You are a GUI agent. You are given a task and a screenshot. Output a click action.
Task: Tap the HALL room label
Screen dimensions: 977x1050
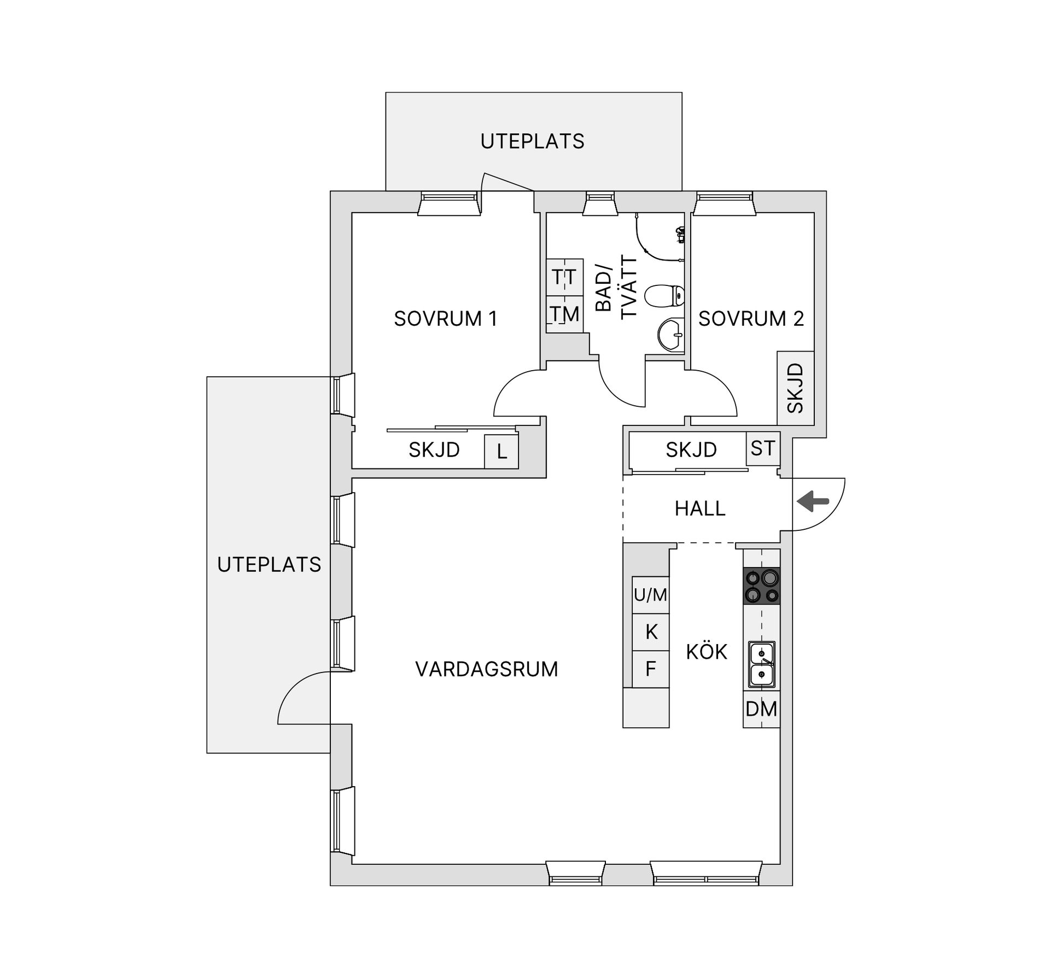click(699, 508)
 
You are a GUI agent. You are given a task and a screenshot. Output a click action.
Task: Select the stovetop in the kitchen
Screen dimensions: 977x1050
click(761, 586)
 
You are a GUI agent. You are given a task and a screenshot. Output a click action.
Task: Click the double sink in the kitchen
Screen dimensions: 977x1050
click(761, 664)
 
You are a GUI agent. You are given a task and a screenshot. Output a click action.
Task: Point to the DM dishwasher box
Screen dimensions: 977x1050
click(761, 709)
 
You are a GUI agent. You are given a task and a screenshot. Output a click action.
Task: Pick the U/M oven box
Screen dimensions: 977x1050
click(650, 595)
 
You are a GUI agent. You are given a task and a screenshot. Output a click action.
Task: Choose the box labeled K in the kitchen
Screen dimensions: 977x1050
click(650, 632)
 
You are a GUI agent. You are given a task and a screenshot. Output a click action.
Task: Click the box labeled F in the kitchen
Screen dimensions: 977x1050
click(650, 669)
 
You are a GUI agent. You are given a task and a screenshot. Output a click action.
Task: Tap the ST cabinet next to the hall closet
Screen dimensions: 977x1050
click(762, 448)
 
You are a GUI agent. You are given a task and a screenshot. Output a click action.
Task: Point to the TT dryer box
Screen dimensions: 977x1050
click(564, 277)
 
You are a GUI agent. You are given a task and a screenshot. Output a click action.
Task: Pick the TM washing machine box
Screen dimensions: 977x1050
click(564, 314)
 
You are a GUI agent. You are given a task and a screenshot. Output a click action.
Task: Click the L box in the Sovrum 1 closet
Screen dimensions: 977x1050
click(501, 452)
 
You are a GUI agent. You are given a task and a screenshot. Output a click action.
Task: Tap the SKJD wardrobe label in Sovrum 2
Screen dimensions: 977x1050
click(795, 388)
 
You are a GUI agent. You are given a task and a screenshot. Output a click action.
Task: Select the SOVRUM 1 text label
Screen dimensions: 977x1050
click(446, 319)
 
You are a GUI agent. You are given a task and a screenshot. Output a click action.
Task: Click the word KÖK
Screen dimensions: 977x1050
click(707, 652)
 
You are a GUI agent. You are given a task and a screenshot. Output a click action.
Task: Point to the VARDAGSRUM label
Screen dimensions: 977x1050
click(487, 669)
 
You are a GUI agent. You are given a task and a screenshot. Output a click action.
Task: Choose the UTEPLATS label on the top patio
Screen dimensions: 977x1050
click(532, 142)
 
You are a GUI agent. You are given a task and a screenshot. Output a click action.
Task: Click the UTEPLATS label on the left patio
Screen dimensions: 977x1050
click(269, 565)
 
